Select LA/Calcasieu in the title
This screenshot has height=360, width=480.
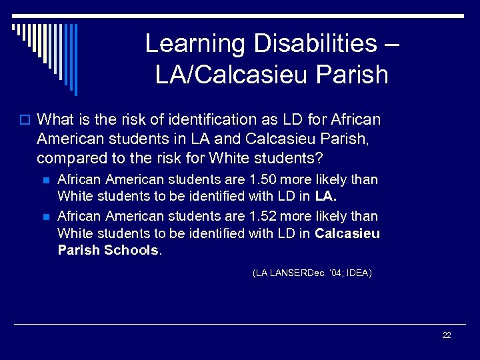pyautogui.click(x=227, y=75)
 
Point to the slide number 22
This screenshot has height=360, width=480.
pyautogui.click(x=447, y=335)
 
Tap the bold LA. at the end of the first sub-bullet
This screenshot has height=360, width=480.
pyautogui.click(x=325, y=197)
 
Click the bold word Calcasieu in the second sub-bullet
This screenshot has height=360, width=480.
pyautogui.click(x=347, y=233)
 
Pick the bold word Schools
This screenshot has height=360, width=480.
pyautogui.click(x=132, y=251)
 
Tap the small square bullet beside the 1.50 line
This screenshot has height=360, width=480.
pyautogui.click(x=45, y=180)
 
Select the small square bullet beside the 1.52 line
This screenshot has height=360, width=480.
pyautogui.click(x=45, y=217)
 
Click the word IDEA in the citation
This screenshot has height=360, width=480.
pyautogui.click(x=357, y=273)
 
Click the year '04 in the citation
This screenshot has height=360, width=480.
pyautogui.click(x=333, y=273)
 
